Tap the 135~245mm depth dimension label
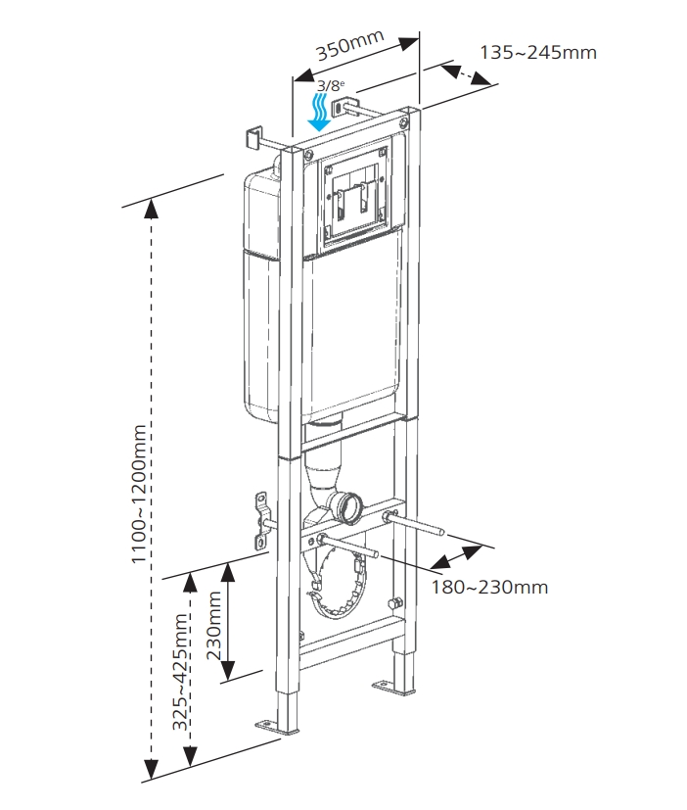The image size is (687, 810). point(538,52)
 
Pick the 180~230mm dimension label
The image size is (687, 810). point(489,587)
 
